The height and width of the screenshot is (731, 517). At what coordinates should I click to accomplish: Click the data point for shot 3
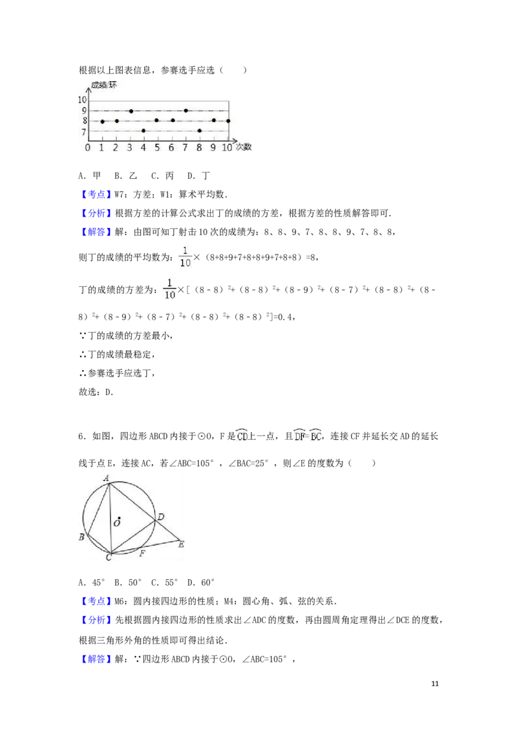(x=131, y=111)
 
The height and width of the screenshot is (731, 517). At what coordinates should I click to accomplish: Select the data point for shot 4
(x=143, y=131)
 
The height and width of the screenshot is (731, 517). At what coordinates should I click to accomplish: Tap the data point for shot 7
(x=185, y=110)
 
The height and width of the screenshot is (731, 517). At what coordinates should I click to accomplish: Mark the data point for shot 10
(x=228, y=121)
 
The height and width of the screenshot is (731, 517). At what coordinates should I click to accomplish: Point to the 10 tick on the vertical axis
(x=82, y=99)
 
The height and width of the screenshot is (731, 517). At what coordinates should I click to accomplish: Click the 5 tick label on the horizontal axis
(x=157, y=148)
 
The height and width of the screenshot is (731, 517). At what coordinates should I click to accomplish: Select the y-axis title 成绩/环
(x=103, y=85)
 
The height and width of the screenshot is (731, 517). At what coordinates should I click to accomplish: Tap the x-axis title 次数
(x=244, y=147)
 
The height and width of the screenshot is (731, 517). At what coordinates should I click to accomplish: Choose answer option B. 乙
(x=126, y=176)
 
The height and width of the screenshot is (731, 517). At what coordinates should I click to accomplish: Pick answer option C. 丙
(x=162, y=176)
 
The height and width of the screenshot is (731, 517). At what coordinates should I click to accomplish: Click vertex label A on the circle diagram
(x=107, y=478)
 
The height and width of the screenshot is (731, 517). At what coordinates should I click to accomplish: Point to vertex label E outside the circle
(x=181, y=544)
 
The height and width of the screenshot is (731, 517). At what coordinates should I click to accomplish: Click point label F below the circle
(x=142, y=553)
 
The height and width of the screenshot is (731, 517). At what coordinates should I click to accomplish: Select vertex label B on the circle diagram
(x=81, y=537)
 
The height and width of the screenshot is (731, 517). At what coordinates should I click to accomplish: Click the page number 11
(x=435, y=683)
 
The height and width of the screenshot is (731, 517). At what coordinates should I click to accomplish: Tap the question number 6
(x=81, y=437)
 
